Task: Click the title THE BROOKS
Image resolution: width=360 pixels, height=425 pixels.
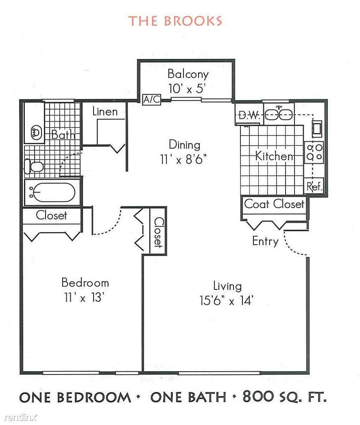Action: point(175,21)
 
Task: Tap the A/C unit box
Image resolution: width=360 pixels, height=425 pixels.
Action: point(152,99)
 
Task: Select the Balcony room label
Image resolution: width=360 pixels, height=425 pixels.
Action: point(188,74)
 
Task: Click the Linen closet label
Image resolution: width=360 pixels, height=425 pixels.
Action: point(105,112)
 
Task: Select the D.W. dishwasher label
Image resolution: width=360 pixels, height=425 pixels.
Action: point(249,116)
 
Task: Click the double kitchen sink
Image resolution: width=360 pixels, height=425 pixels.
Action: point(279,115)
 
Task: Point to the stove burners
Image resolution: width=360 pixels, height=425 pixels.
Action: point(314,152)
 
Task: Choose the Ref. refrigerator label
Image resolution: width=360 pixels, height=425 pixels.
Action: point(314,187)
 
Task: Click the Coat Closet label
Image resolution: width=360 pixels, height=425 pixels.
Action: point(274,204)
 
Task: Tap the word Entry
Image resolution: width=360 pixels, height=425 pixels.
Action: point(265,241)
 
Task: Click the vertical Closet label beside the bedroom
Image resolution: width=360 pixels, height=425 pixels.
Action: point(158,232)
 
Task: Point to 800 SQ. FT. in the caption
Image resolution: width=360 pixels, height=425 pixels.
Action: point(285,397)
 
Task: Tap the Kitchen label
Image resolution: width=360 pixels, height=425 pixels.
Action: point(274,156)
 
